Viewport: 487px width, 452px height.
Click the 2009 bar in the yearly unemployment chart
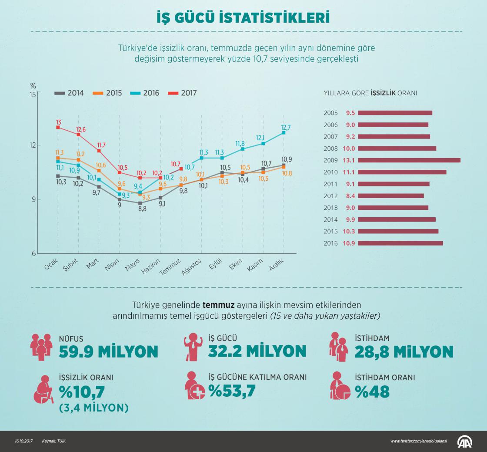[409, 160]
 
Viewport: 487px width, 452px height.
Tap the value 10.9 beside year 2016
[350, 243]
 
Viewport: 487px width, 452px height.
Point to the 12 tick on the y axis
[33, 145]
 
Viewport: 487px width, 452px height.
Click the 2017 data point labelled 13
[58, 127]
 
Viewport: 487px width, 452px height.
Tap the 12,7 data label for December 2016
[286, 127]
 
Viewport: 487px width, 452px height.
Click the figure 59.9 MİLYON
[109, 351]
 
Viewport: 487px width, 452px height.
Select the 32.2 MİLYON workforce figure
[257, 351]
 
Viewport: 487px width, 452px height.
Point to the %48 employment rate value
[372, 391]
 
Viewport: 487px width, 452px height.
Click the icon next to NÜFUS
[41, 346]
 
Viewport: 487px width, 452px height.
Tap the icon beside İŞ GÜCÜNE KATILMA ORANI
[194, 386]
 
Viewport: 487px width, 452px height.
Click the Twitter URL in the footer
[418, 442]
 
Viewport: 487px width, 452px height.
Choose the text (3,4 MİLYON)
[94, 408]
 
